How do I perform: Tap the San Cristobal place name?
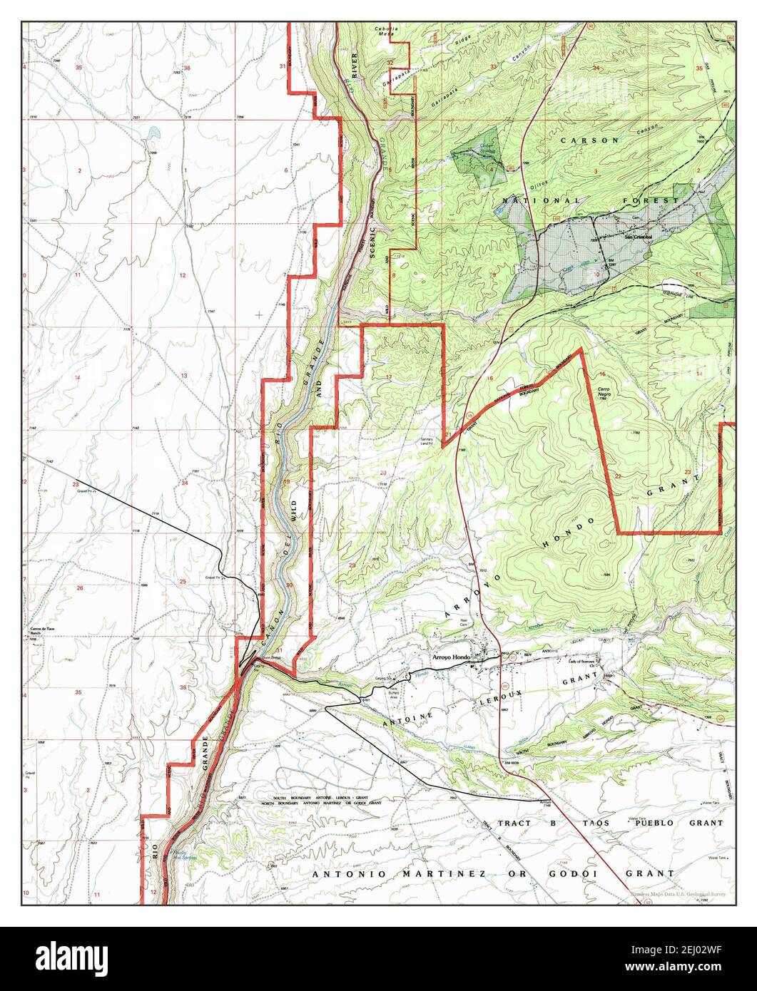click(640, 237)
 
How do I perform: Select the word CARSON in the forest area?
click(589, 140)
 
